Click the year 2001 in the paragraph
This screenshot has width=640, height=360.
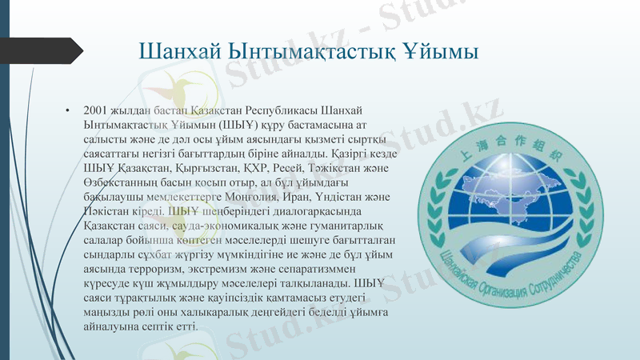coord(95,110)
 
